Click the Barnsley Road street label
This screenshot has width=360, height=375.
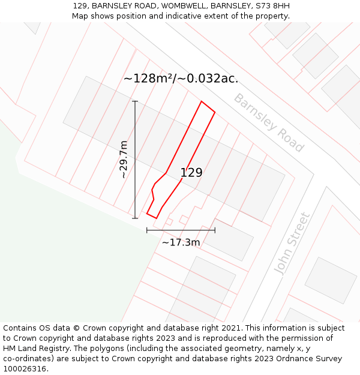[x=268, y=123]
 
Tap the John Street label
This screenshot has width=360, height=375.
[x=292, y=243]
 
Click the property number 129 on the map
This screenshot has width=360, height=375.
[x=191, y=173]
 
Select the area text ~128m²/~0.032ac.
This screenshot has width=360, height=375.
[x=181, y=79]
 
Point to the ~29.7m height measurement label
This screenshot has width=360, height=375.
[x=124, y=160]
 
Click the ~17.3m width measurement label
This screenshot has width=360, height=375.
[x=181, y=242]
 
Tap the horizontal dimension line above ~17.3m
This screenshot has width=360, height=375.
[x=181, y=230]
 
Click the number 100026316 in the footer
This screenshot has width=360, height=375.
[x=25, y=369]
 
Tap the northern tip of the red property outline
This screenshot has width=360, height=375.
[x=202, y=101]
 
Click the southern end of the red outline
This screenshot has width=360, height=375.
[x=155, y=218]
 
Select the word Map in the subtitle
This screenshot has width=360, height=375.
[x=80, y=16]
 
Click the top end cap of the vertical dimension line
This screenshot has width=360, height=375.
[x=135, y=101]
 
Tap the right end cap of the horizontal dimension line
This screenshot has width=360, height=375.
[x=215, y=230]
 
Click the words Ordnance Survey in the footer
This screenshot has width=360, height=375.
[x=310, y=359]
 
